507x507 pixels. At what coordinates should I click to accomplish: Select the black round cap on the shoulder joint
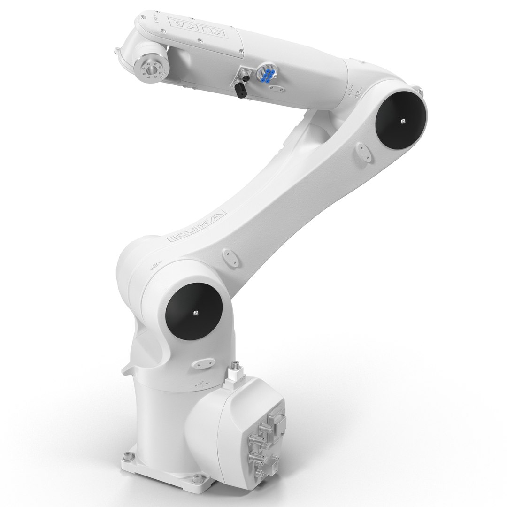click(193, 312)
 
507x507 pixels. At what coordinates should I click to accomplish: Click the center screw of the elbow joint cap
click(402, 121)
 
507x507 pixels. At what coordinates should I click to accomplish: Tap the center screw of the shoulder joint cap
click(194, 313)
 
